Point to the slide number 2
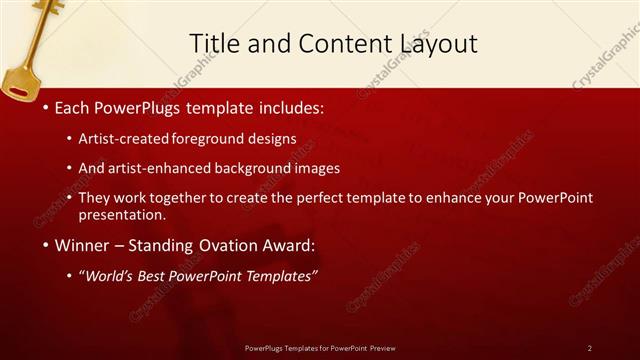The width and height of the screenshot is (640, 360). point(589,348)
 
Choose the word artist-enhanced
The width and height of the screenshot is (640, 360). point(171,168)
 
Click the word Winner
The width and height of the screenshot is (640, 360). point(82,245)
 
